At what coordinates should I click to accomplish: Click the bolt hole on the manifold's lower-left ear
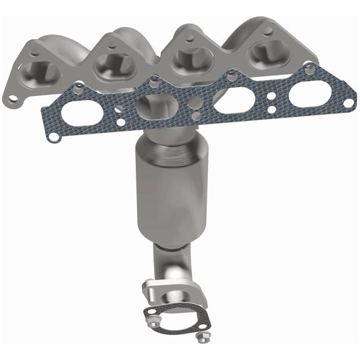tap(13, 99)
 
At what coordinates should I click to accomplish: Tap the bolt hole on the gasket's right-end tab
tap(349, 103)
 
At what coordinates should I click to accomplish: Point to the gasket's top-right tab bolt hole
tap(309, 68)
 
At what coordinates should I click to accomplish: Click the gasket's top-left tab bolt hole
tap(80, 86)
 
